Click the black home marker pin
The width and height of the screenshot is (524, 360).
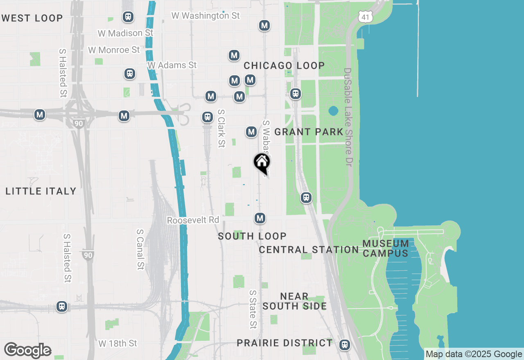(x=262, y=162)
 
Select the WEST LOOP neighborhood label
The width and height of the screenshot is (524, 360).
(x=32, y=18)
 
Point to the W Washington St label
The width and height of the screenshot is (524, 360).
(x=206, y=16)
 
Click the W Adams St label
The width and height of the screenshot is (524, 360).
(x=172, y=65)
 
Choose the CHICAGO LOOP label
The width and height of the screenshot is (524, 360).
(x=284, y=65)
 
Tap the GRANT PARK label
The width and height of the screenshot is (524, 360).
(x=309, y=132)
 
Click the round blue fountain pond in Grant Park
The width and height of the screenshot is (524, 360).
(x=333, y=111)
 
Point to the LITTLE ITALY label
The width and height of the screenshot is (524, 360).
(x=41, y=191)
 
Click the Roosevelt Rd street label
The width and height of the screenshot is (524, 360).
(x=193, y=220)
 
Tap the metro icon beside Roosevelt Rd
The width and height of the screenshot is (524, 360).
(x=260, y=218)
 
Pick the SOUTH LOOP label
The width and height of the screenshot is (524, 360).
(x=252, y=236)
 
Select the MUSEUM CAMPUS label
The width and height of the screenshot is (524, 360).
(x=386, y=248)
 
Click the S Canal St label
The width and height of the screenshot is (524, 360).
(x=140, y=249)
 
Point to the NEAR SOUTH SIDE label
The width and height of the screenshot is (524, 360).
(x=295, y=301)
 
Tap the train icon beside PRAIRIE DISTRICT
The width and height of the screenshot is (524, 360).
(x=345, y=345)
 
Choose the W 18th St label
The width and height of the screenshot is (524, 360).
(x=118, y=343)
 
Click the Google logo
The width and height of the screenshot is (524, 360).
(x=27, y=350)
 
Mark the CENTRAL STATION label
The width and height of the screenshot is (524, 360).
(x=309, y=250)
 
